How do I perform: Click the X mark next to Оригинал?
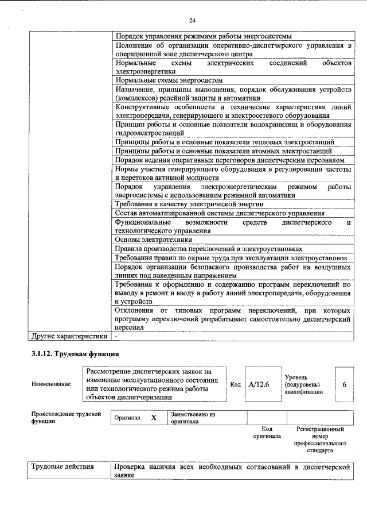tap(154, 417)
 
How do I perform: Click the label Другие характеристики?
tap(69, 335)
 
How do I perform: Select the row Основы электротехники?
tap(153, 239)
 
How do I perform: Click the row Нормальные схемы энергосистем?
tap(169, 80)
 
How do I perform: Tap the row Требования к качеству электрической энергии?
tap(189, 204)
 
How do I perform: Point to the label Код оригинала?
tap(266, 433)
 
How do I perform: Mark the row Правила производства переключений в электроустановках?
tap(209, 249)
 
